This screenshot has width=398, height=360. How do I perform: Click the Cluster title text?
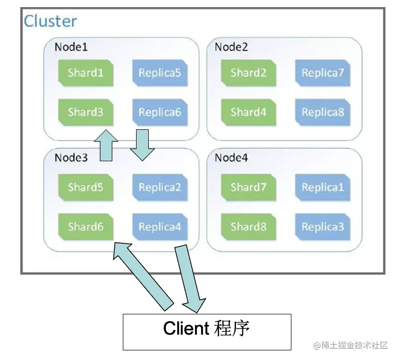click(50, 21)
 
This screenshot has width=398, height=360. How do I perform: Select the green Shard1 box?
click(85, 73)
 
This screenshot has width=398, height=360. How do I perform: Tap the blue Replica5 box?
click(160, 73)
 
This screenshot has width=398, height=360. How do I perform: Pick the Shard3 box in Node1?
click(85, 112)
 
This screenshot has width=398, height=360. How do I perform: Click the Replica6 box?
click(160, 112)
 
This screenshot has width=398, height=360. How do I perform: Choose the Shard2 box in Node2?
click(248, 73)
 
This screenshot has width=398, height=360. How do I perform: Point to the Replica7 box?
click(322, 73)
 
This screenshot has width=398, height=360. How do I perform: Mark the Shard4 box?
click(248, 112)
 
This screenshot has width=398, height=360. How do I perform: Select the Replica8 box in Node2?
click(322, 112)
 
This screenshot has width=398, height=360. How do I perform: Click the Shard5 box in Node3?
click(85, 187)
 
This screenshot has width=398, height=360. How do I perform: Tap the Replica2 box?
click(160, 187)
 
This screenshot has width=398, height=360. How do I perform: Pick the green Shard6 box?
click(85, 226)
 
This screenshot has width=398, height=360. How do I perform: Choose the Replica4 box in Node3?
click(160, 226)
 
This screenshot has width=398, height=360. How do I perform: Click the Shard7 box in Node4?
click(248, 187)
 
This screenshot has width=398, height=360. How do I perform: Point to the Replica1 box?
click(322, 187)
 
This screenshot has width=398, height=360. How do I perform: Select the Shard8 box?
click(248, 226)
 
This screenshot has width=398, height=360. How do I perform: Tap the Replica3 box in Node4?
click(322, 226)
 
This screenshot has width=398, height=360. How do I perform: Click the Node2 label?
click(231, 47)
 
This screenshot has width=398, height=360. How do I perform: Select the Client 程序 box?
click(207, 332)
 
